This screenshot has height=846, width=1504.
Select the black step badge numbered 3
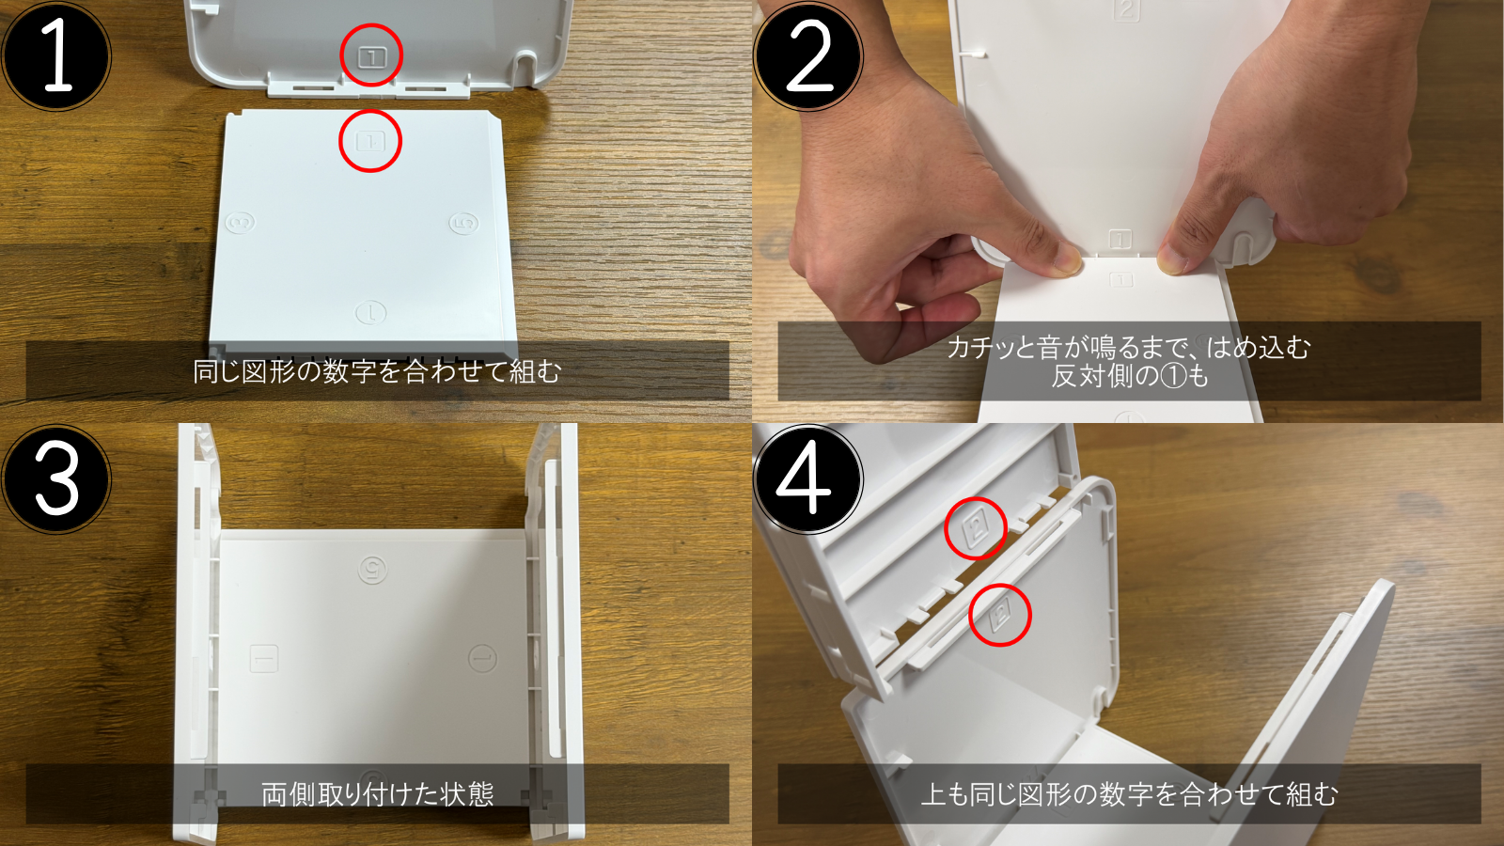(56, 478)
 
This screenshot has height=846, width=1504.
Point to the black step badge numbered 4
(808, 478)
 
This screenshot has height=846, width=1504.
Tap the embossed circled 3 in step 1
(240, 222)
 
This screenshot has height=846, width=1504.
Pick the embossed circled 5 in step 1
(464, 222)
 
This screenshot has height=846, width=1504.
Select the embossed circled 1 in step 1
(370, 312)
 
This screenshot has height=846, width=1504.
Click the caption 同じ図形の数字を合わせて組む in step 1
(377, 371)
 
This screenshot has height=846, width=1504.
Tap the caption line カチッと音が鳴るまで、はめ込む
(1129, 348)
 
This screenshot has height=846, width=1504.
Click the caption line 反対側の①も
(1129, 377)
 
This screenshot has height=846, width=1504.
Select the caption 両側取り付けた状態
(377, 794)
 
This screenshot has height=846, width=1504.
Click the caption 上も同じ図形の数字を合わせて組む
(1129, 794)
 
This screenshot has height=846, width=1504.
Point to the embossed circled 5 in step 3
(372, 570)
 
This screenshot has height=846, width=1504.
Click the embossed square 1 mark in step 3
(264, 659)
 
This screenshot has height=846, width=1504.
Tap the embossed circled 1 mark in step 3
(483, 659)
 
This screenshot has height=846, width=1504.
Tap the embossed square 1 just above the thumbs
(1120, 239)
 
